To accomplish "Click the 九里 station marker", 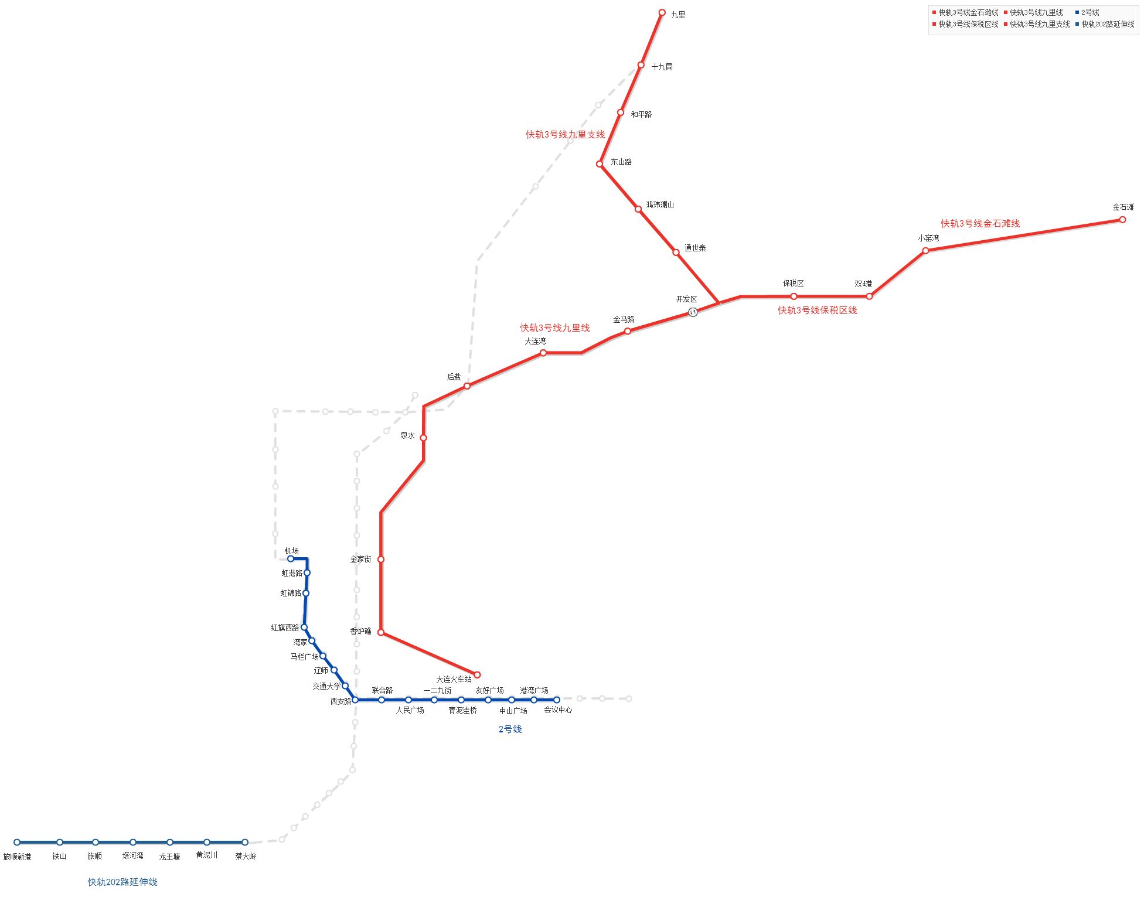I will click(662, 12).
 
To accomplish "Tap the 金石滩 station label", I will click(1122, 207).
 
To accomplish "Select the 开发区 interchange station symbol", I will click(693, 312).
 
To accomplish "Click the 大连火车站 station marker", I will click(476, 674).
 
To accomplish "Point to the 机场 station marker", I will click(290, 558).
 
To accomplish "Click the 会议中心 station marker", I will click(556, 700).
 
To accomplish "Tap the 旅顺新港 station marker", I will click(17, 842).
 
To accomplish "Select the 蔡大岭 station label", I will click(246, 856).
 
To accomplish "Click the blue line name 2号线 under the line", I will click(510, 729).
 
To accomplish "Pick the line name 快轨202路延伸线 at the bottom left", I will click(122, 882).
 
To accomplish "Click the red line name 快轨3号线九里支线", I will click(565, 134).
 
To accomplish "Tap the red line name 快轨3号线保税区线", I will click(817, 310).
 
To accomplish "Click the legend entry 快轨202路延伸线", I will click(1107, 24).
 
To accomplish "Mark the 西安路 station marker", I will click(355, 700).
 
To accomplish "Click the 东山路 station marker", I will click(600, 164).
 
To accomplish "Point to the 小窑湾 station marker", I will click(925, 251).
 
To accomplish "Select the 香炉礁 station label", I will click(360, 631).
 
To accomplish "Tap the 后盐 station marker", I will click(467, 386).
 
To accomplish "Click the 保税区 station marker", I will click(794, 296).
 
